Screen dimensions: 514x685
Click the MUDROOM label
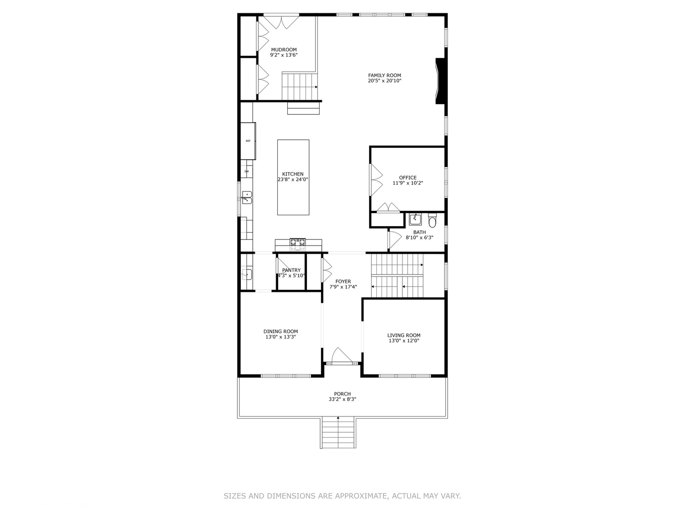tap(284, 49)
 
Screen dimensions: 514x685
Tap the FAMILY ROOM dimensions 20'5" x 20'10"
tap(384, 81)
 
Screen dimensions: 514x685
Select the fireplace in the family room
tap(440, 81)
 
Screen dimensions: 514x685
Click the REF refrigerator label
tap(248, 141)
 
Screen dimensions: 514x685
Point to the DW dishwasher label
tap(246, 171)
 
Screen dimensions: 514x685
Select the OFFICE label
tap(408, 178)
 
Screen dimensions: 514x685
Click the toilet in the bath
tap(432, 221)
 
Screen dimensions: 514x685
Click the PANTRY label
tap(291, 270)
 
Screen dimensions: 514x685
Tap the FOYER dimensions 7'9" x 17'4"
tap(343, 287)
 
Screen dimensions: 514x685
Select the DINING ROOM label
tap(281, 331)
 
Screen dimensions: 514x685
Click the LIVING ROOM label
tap(404, 335)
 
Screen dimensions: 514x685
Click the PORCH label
tap(342, 394)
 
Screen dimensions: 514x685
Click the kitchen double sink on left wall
tap(247, 197)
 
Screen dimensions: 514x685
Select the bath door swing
tap(394, 239)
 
